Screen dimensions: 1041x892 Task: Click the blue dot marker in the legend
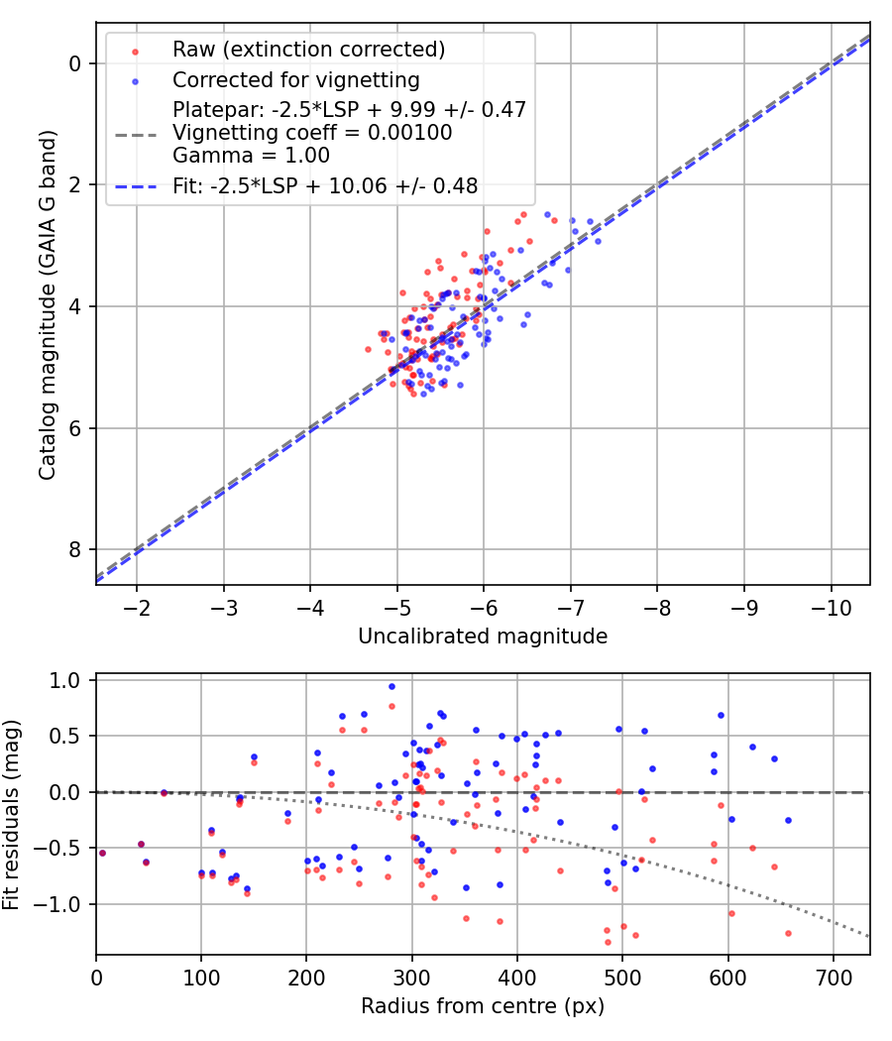[x=135, y=80]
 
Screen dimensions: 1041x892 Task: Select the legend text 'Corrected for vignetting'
[x=296, y=80]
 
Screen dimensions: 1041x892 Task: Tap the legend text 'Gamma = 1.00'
[x=251, y=156]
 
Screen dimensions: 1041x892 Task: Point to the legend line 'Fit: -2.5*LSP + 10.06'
[x=135, y=185]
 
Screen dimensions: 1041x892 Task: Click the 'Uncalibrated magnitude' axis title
[x=483, y=636]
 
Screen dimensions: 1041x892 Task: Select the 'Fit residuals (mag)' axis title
[x=12, y=814]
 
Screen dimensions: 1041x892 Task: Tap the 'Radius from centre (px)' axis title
[x=483, y=1007]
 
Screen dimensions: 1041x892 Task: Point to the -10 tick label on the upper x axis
[x=831, y=607]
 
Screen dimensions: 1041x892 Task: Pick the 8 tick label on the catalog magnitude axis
[x=75, y=550]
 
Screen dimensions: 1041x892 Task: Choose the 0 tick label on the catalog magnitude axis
[x=75, y=63]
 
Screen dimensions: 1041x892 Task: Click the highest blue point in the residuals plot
[x=391, y=686]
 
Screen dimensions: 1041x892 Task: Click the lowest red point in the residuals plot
[x=608, y=942]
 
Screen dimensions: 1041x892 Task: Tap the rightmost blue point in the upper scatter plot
[x=598, y=241]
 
